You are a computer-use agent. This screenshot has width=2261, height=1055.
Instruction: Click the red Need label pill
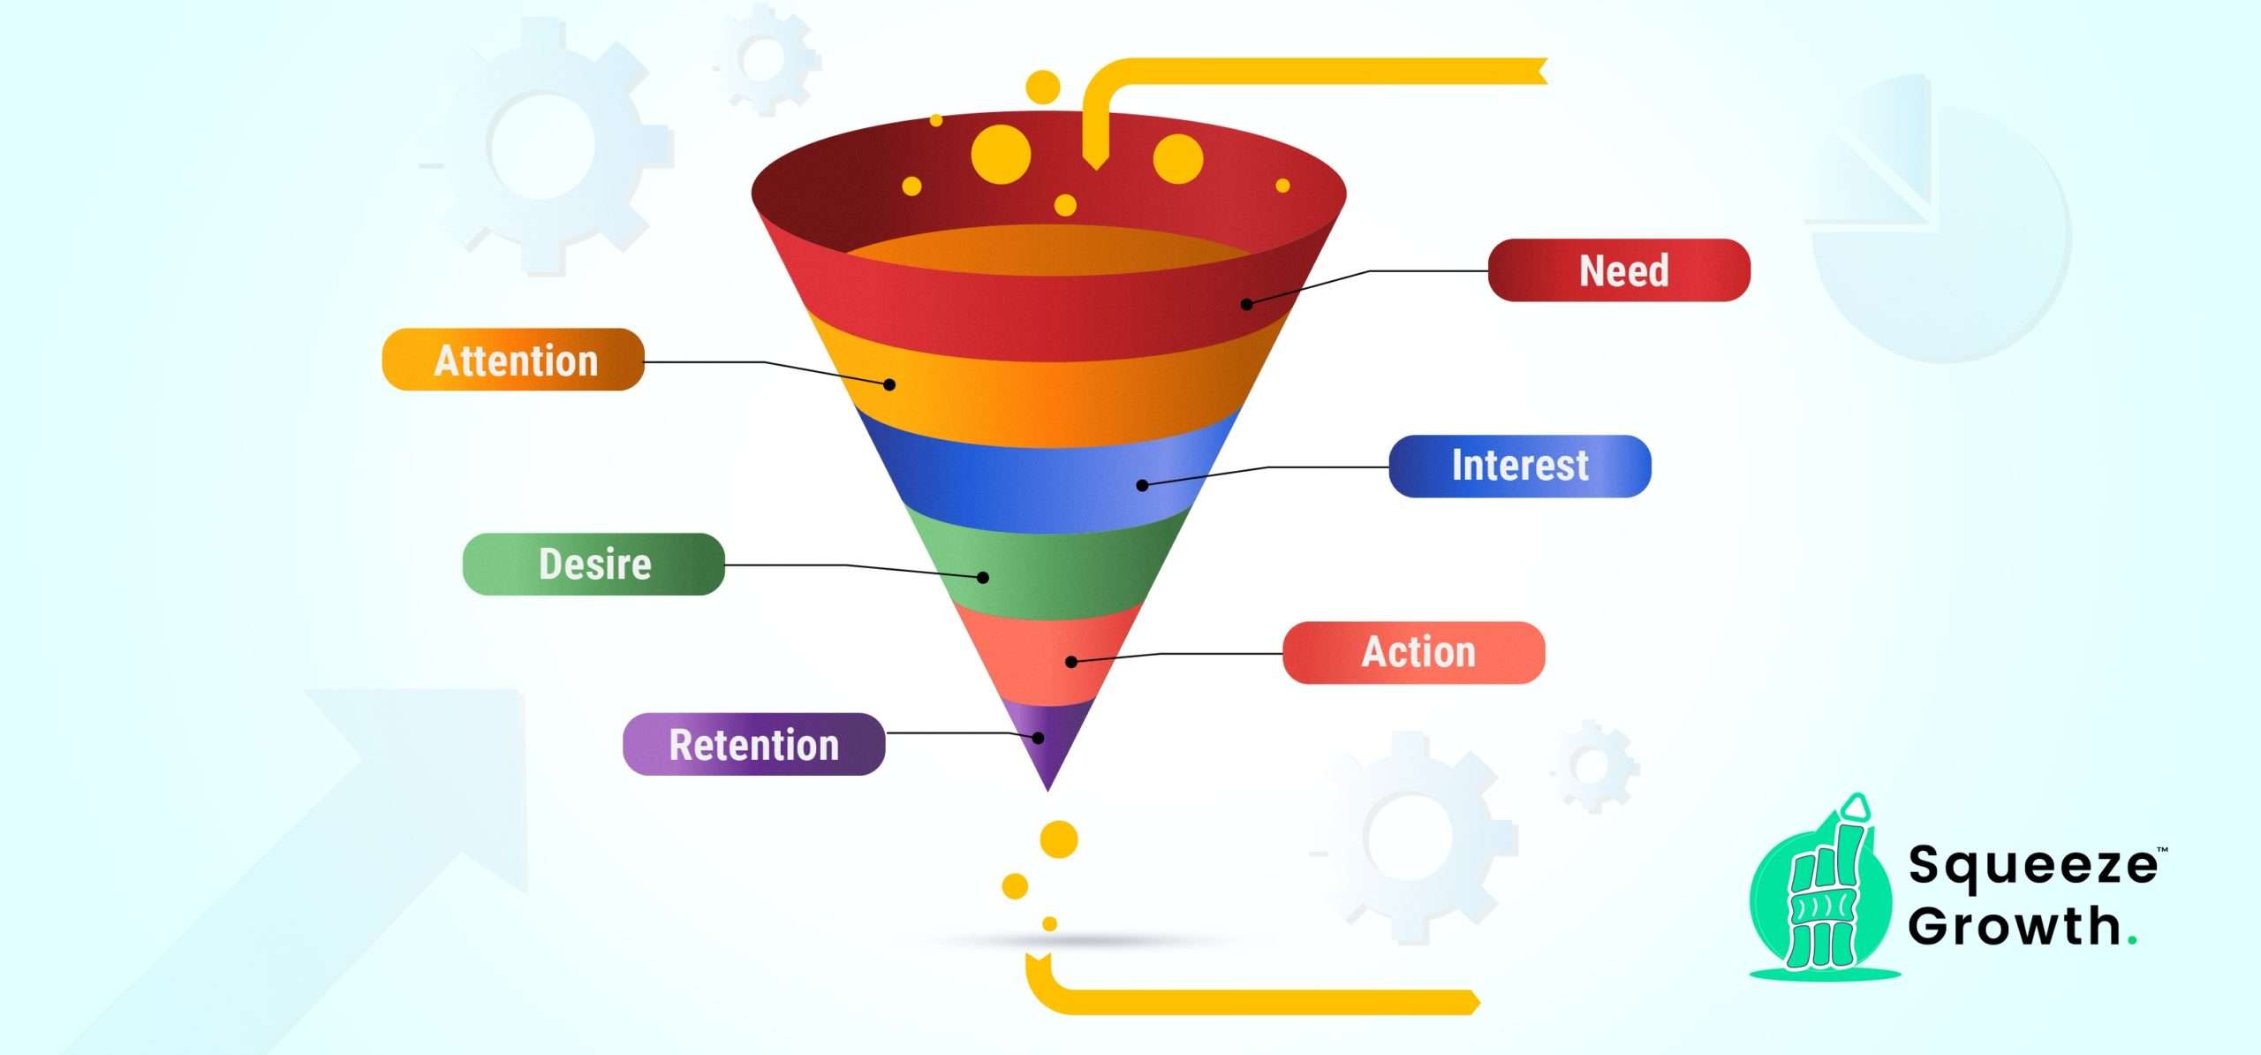(1618, 270)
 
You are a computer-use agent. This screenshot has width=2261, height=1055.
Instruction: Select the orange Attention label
(513, 360)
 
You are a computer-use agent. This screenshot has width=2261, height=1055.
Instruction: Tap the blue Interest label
(1519, 467)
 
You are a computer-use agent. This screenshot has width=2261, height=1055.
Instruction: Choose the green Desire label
(594, 565)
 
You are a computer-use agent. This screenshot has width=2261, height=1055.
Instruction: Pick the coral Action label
(1413, 653)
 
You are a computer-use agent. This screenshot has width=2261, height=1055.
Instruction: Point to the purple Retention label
(753, 745)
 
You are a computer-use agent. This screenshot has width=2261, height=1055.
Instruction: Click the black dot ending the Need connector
(1246, 305)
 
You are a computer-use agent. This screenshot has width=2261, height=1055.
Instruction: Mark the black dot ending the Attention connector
(889, 385)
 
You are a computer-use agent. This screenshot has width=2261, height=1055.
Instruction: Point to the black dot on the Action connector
(1070, 662)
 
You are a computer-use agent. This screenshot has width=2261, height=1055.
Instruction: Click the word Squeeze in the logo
(2031, 866)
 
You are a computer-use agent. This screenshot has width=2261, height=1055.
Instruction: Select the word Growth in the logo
(2014, 926)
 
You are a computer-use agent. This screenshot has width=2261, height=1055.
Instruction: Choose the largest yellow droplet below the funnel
(1059, 839)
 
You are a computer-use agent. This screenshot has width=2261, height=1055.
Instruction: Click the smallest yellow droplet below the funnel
(1049, 924)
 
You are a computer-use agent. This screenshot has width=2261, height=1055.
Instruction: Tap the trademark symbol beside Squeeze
(2163, 850)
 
